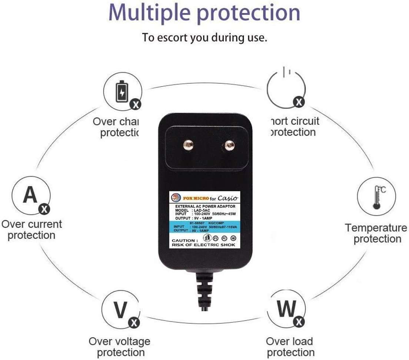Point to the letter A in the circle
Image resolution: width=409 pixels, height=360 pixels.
[x=30, y=195]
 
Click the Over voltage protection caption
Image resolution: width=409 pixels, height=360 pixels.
[x=120, y=347]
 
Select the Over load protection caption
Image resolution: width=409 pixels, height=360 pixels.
[x=290, y=347]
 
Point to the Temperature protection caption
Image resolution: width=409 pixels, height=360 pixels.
[x=376, y=233]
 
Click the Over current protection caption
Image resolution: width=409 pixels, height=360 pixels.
[x=31, y=230]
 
